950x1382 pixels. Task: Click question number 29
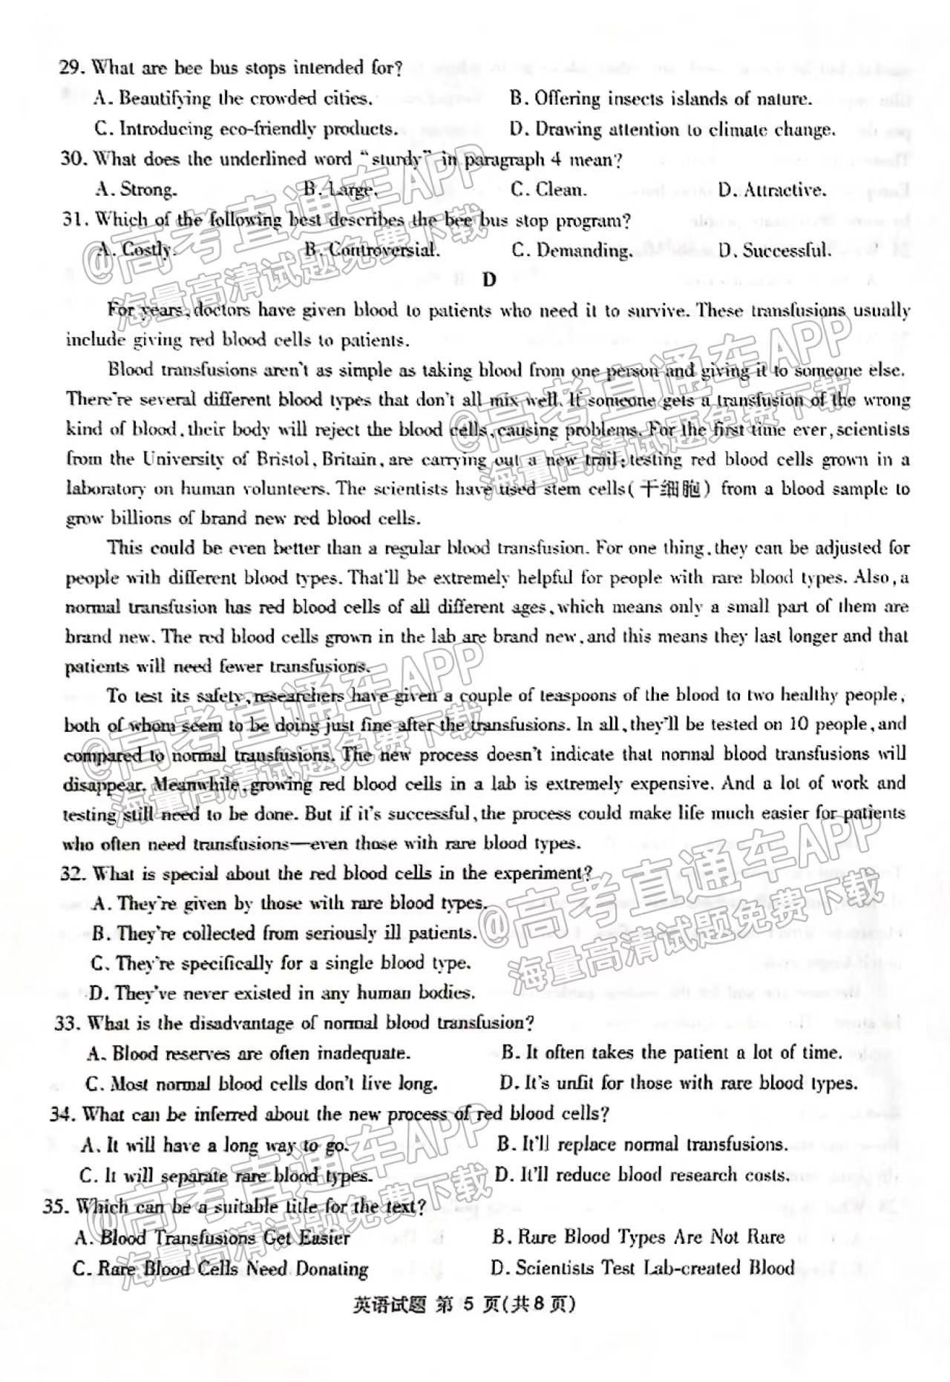point(72,68)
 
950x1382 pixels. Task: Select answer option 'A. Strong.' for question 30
point(137,189)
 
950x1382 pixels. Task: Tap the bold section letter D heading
point(488,280)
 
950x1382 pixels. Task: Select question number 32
point(73,874)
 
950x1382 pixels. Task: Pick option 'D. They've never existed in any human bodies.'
point(282,993)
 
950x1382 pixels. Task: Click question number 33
point(67,1024)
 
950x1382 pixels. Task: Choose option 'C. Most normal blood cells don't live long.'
point(261,1084)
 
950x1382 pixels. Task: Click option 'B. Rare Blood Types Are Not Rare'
point(638,1237)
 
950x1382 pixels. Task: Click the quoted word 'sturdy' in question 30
point(396,159)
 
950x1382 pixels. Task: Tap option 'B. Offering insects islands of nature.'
point(661,99)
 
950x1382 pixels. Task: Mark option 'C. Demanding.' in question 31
point(572,250)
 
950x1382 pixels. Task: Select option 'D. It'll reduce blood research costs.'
point(641,1175)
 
